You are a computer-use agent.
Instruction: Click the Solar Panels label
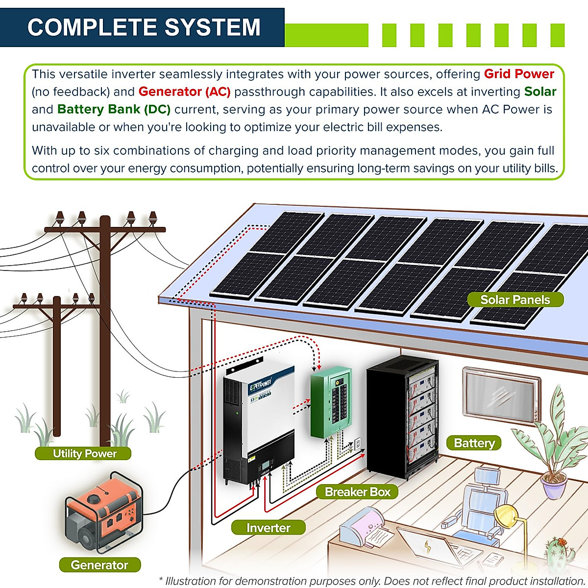pyautogui.click(x=515, y=300)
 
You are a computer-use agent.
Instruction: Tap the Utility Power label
pyautogui.click(x=83, y=453)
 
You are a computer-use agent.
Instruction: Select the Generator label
pyautogui.click(x=99, y=565)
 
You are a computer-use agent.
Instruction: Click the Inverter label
pyautogui.click(x=268, y=528)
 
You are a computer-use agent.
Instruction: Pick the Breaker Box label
pyautogui.click(x=357, y=492)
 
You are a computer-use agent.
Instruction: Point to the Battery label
pyautogui.click(x=474, y=443)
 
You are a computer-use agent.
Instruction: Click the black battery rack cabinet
pyautogui.click(x=402, y=416)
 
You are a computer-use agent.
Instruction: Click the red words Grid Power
pyautogui.click(x=519, y=74)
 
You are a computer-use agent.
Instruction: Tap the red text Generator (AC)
pyautogui.click(x=184, y=92)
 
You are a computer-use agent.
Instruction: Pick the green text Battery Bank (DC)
pyautogui.click(x=114, y=109)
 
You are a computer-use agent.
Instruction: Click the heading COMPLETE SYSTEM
pyautogui.click(x=144, y=27)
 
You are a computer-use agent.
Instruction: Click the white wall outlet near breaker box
pyautogui.click(x=358, y=443)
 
